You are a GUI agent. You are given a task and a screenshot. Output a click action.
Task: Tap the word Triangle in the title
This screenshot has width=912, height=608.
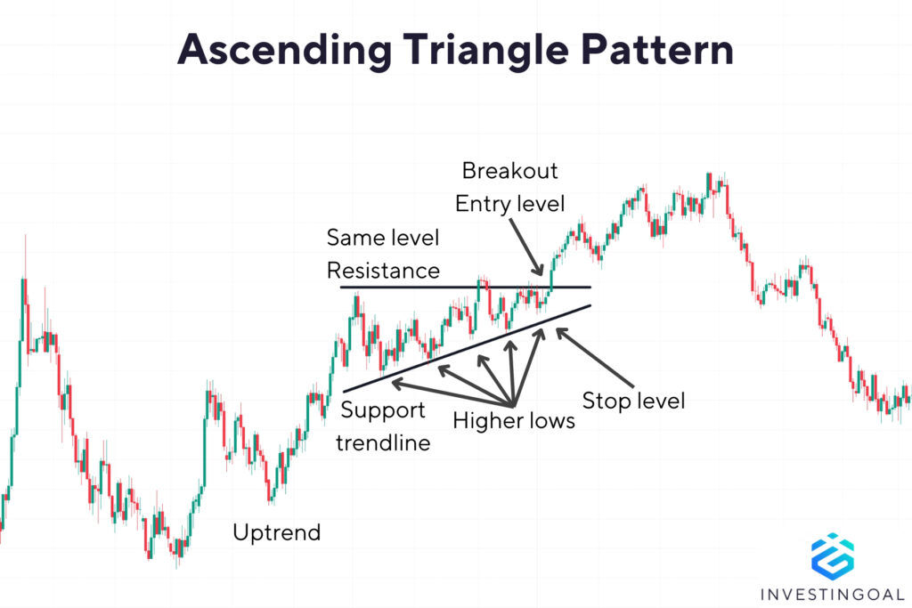point(499,51)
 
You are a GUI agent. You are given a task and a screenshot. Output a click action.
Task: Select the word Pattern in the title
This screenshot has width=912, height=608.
point(663,51)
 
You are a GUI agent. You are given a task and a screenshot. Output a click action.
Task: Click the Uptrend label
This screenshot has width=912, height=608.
point(276,532)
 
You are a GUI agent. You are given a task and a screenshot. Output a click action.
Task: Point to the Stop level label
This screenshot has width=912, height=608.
point(632,401)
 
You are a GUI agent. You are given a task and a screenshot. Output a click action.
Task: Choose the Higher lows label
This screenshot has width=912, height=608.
point(514,420)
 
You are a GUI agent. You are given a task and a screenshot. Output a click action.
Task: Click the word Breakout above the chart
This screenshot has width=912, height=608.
point(509,170)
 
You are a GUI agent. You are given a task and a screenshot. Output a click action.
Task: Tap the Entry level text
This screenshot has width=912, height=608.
point(509,203)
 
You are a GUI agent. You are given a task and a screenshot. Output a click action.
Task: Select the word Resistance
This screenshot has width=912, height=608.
point(383,270)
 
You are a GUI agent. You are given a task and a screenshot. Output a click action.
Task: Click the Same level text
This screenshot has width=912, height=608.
point(383,238)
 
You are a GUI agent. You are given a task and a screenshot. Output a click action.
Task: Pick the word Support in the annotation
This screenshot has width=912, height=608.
point(384,410)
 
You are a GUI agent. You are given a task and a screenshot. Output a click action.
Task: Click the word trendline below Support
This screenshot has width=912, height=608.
point(383,442)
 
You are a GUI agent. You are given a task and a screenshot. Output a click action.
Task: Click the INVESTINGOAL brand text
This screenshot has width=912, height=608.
point(833,594)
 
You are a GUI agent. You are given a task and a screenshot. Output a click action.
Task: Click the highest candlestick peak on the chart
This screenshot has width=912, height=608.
point(710,175)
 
